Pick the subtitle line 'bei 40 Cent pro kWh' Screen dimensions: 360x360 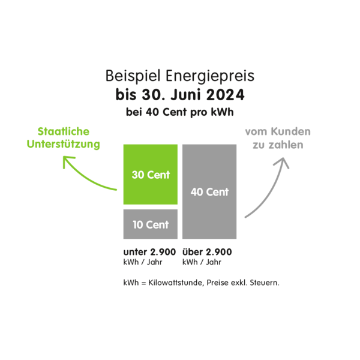(179, 112)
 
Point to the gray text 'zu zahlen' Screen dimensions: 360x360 (278, 146)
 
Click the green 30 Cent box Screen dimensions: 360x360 (151, 175)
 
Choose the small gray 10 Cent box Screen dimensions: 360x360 (151, 224)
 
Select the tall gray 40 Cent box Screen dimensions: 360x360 (209, 192)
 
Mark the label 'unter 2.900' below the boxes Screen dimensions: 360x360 (149, 252)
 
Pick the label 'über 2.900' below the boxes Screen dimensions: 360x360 (206, 252)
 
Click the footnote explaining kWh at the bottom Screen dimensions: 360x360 (201, 282)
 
